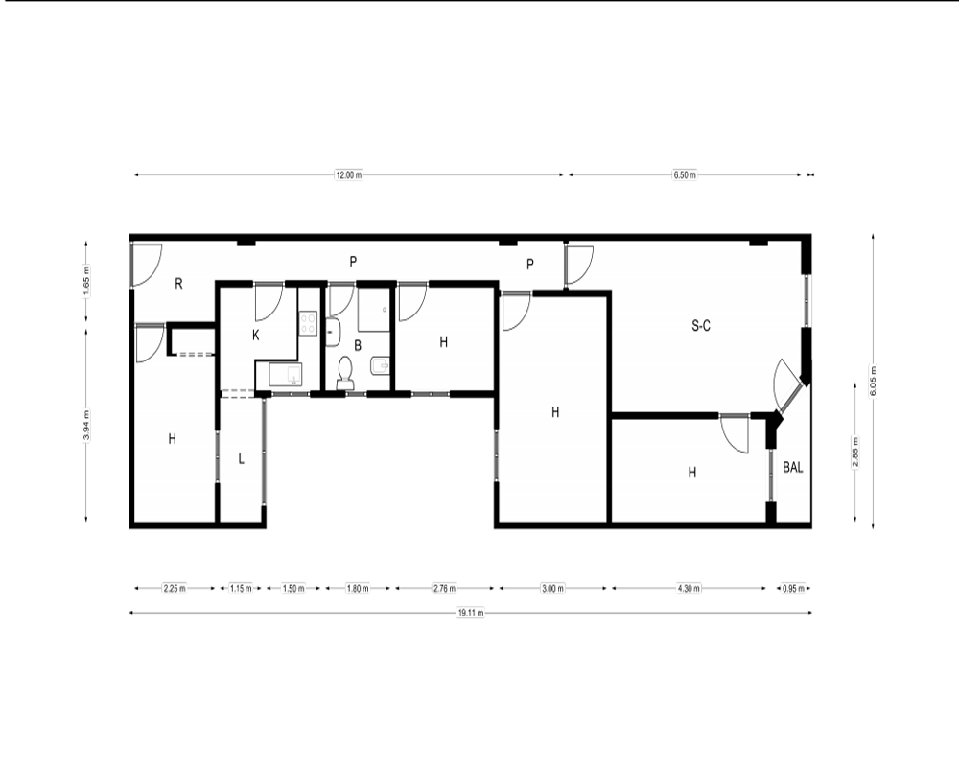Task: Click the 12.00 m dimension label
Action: coord(349,174)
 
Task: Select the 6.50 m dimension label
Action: coord(685,174)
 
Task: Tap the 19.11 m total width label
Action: coord(471,613)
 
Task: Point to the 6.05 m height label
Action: coord(874,381)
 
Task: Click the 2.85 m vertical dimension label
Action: coord(855,453)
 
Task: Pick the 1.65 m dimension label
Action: coord(86,281)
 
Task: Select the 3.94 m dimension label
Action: coord(86,425)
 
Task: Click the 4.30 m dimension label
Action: coord(689,589)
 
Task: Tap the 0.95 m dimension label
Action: coord(794,589)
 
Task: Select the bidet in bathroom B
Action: coord(379,367)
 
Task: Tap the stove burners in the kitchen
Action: coord(308,323)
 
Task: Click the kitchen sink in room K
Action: coord(286,374)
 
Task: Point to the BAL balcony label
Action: coord(793,467)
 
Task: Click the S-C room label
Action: coord(701,326)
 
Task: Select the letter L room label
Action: coord(242,458)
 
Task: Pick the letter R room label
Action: coord(178,284)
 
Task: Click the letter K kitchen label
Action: coord(256,336)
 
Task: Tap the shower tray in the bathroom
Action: coord(374,310)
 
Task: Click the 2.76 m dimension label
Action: coord(445,589)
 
